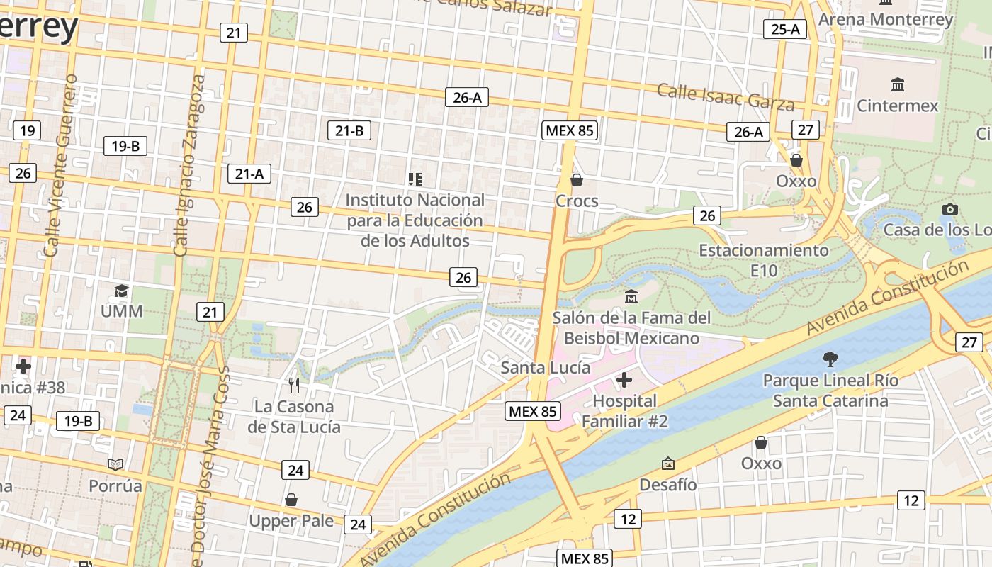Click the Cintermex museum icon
tap(898, 84)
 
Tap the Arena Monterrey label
tap(886, 19)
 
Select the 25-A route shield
tap(785, 29)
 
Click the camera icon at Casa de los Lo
tap(950, 208)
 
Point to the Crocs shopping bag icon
tap(577, 180)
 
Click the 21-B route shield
tap(349, 130)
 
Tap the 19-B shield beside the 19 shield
tap(125, 146)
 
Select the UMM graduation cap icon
tap(122, 291)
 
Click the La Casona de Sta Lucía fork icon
tap(294, 386)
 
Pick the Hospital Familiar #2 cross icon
tap(624, 381)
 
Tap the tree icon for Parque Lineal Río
tap(830, 359)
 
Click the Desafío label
tap(668, 485)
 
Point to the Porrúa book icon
tap(115, 464)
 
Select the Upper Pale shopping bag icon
tap(291, 500)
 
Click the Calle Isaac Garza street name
tap(726, 97)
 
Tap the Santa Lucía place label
tap(545, 367)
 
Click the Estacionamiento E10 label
tap(764, 260)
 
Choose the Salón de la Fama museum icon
tap(631, 296)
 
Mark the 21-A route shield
tap(249, 174)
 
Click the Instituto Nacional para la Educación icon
tap(415, 179)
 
